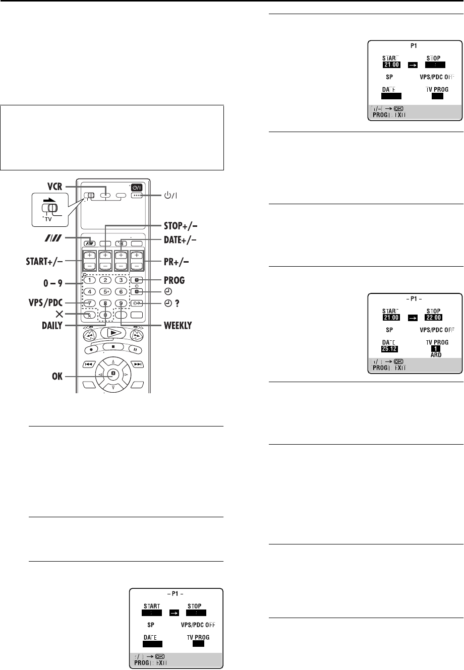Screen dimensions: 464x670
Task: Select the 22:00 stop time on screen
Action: (x=431, y=319)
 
